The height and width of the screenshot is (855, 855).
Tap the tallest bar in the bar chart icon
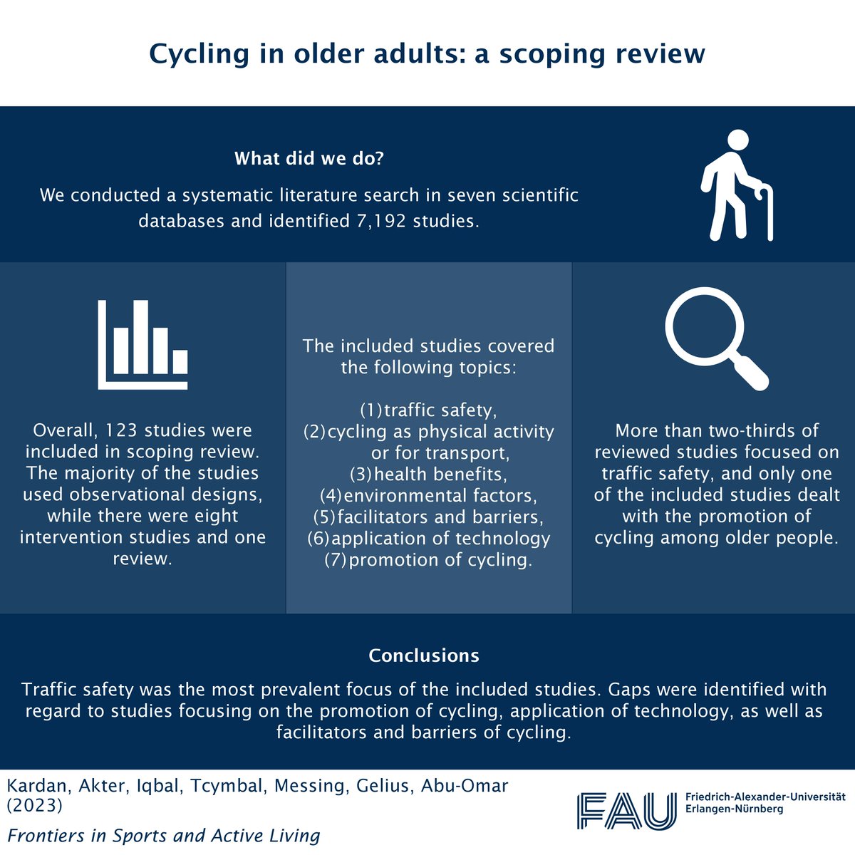(141, 337)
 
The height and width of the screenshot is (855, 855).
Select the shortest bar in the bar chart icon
(180, 362)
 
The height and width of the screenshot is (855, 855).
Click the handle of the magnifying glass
(749, 369)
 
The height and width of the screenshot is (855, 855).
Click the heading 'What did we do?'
(309, 158)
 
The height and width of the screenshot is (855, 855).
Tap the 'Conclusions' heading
(424, 655)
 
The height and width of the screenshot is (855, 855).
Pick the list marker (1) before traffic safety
(370, 410)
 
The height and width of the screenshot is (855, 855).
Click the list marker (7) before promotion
(336, 560)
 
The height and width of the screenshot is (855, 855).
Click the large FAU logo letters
(626, 810)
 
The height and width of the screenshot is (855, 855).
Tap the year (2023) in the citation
(35, 807)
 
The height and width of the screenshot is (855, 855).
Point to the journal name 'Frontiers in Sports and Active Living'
(163, 835)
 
